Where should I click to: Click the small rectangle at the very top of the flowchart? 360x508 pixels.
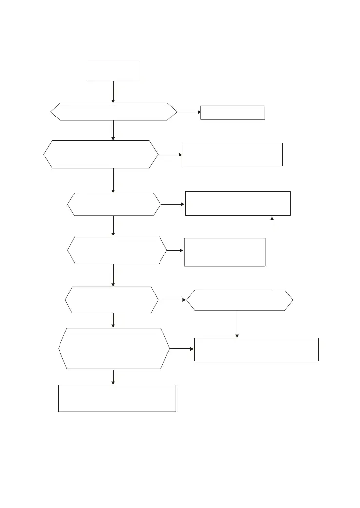(x=113, y=71)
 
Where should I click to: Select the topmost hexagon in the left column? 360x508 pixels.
(x=113, y=112)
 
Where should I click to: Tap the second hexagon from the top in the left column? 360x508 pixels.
(x=101, y=155)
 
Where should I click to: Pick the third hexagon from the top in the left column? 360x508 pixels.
(x=114, y=204)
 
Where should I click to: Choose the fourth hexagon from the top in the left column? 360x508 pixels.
(x=117, y=250)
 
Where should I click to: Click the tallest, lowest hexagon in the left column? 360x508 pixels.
(x=114, y=349)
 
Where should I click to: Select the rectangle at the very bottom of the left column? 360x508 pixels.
(x=117, y=398)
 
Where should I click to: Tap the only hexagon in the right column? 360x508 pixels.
(x=240, y=300)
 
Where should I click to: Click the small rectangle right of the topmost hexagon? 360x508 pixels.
(x=233, y=113)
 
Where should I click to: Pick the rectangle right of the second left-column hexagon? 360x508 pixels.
(x=233, y=155)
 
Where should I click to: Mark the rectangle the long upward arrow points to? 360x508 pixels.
(x=238, y=203)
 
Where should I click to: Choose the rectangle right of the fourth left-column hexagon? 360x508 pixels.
(x=224, y=252)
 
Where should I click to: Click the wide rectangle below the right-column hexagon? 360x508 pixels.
(x=256, y=349)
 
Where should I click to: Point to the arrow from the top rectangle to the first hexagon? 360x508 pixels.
(x=113, y=92)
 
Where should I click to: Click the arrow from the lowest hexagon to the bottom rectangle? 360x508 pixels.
(x=113, y=376)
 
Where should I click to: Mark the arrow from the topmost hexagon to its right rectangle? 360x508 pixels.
(x=189, y=112)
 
